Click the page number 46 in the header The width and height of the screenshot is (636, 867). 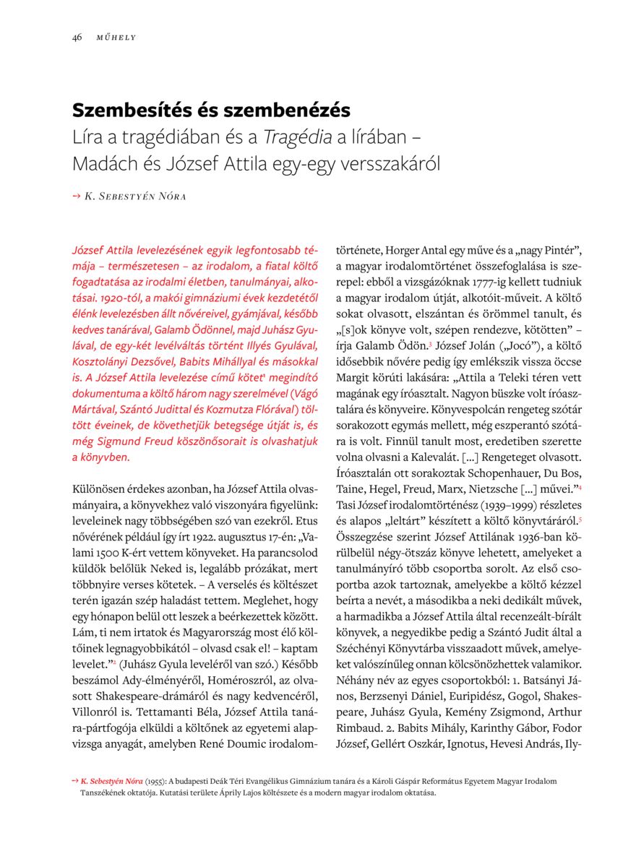77,38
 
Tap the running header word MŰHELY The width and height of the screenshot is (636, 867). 116,38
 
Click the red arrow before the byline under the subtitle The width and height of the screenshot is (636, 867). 76,196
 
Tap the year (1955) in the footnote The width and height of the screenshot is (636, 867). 155,781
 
